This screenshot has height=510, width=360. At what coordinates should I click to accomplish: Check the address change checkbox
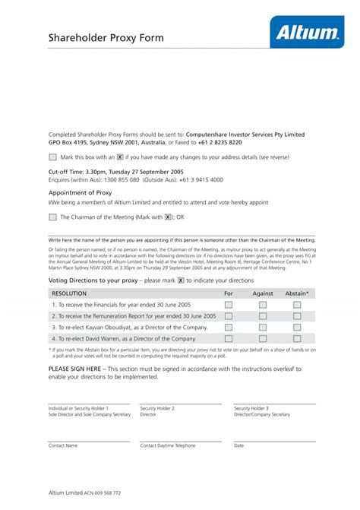coord(52,157)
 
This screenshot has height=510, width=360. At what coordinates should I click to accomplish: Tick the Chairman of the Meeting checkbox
coord(52,217)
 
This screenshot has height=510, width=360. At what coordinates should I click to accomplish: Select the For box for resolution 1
coord(229,304)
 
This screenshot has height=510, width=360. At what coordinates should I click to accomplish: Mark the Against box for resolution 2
coord(263,315)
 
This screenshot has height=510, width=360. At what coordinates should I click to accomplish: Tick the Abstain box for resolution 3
coord(297,327)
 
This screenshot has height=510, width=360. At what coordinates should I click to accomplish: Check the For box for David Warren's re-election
coord(229,338)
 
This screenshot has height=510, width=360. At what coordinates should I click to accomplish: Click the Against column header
coord(263,293)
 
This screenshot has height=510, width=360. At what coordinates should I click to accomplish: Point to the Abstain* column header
coord(297,293)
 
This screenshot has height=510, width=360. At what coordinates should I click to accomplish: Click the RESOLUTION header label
coord(69,293)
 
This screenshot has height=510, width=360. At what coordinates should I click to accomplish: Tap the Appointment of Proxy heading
coord(80,193)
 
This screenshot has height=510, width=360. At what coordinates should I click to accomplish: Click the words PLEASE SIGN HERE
coord(76,369)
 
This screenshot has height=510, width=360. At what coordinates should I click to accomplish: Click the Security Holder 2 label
coord(157,408)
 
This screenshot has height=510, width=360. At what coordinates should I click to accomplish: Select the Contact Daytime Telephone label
coord(168,445)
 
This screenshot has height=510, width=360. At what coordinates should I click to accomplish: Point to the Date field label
coord(238,445)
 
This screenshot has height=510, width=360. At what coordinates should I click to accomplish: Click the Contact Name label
coord(63,445)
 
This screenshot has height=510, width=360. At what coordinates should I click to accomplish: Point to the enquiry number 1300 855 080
coord(115,180)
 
